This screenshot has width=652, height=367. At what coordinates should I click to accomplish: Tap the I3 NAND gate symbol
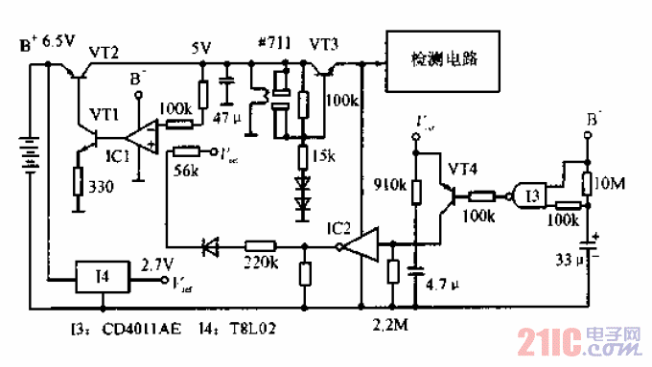[526, 195]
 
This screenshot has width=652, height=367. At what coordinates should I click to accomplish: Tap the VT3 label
[325, 45]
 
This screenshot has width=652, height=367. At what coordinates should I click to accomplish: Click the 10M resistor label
[610, 183]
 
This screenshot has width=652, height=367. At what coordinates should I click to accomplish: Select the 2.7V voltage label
[157, 263]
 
